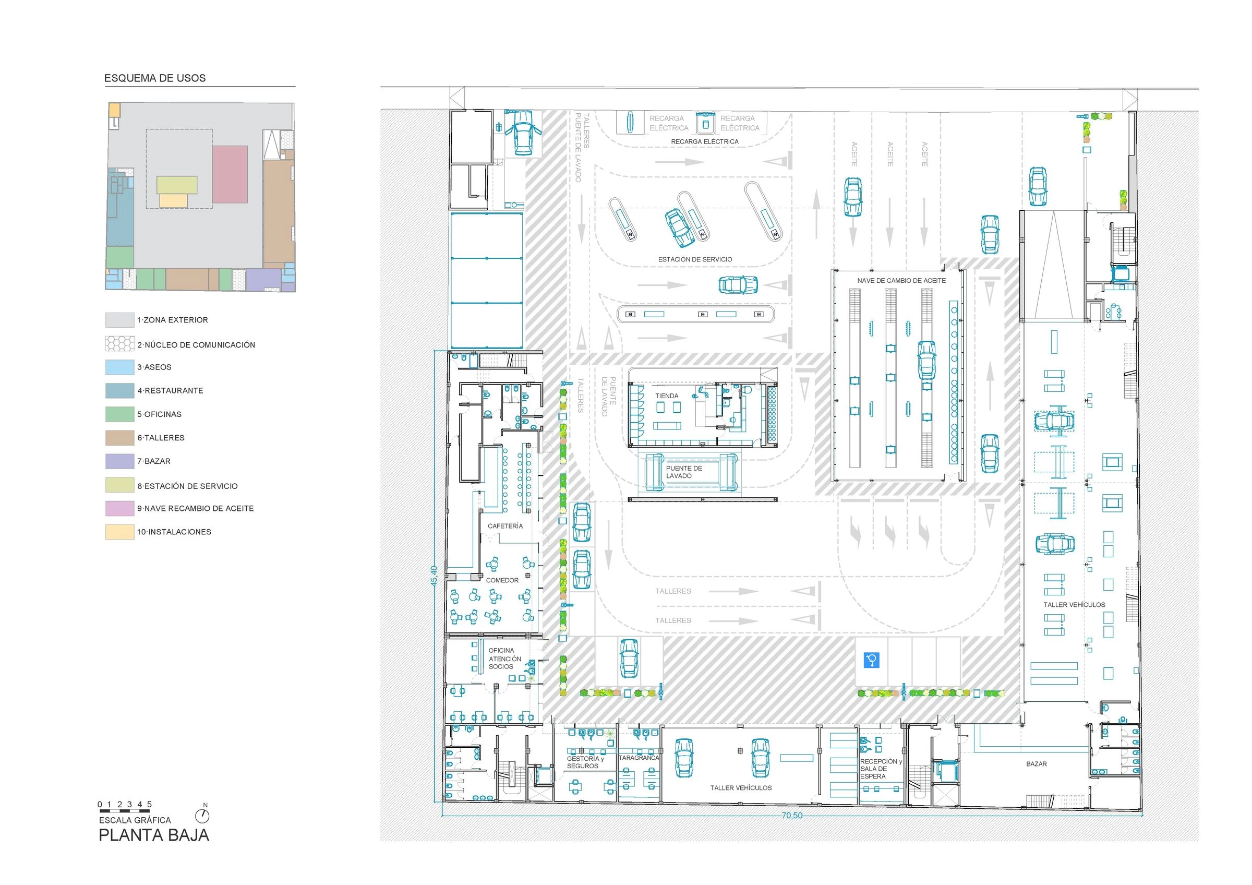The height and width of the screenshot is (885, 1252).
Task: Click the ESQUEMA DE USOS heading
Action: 155,78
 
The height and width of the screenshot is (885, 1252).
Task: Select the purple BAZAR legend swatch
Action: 119,461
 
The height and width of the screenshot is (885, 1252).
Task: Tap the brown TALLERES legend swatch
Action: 119,438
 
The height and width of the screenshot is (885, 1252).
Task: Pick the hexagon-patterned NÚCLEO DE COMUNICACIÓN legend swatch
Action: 119,343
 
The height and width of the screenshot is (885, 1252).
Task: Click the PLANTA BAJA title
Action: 154,835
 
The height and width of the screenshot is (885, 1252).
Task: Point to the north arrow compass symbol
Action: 202,815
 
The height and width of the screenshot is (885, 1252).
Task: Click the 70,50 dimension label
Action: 792,816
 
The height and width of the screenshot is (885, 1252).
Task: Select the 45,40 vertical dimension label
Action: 434,576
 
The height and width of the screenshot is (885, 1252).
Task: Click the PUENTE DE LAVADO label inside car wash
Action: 684,472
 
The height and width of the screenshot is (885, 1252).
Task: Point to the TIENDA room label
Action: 666,396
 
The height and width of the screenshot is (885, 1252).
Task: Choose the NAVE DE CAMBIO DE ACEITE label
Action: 901,280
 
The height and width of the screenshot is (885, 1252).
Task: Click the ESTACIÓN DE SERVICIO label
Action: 695,259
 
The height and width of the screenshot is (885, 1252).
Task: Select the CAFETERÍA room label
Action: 505,526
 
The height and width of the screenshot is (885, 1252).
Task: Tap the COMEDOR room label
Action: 502,580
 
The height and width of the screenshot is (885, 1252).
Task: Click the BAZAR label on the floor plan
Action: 1036,764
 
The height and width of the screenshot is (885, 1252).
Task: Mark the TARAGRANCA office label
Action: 639,758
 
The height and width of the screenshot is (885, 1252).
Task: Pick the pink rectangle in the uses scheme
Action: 230,174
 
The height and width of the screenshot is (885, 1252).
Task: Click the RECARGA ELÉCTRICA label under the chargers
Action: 705,142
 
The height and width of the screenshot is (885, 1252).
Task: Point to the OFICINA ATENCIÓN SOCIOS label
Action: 504,659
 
